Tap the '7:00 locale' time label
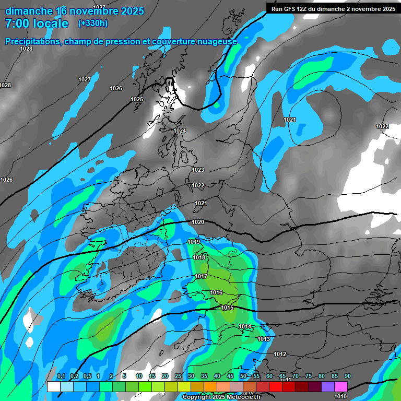click(37, 23)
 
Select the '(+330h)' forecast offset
click(93, 23)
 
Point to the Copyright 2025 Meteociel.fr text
click(221, 397)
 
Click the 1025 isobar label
click(137, 99)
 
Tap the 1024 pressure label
click(180, 131)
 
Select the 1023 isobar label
click(198, 170)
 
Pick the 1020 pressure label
click(198, 222)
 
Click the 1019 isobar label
click(194, 242)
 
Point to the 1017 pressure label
click(202, 276)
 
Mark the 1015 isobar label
click(227, 308)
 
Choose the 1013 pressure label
click(264, 339)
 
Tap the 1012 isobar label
click(280, 354)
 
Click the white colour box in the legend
click(53, 387)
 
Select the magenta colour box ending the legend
click(341, 387)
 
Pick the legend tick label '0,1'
click(61, 376)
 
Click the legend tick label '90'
click(347, 376)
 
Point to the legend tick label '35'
click(204, 376)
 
